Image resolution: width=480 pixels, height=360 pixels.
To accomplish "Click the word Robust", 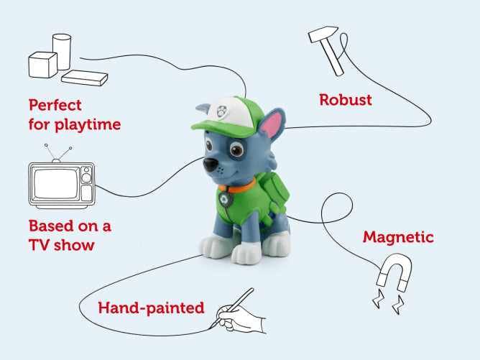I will pyautogui.click(x=346, y=99).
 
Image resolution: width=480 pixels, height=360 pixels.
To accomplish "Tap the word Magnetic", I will pyautogui.click(x=398, y=236).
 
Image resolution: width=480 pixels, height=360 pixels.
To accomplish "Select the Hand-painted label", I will pyautogui.click(x=151, y=308).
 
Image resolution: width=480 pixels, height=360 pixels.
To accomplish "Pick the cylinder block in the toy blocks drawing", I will pyautogui.click(x=63, y=50).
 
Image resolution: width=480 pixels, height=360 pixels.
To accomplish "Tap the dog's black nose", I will pyautogui.click(x=209, y=165).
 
